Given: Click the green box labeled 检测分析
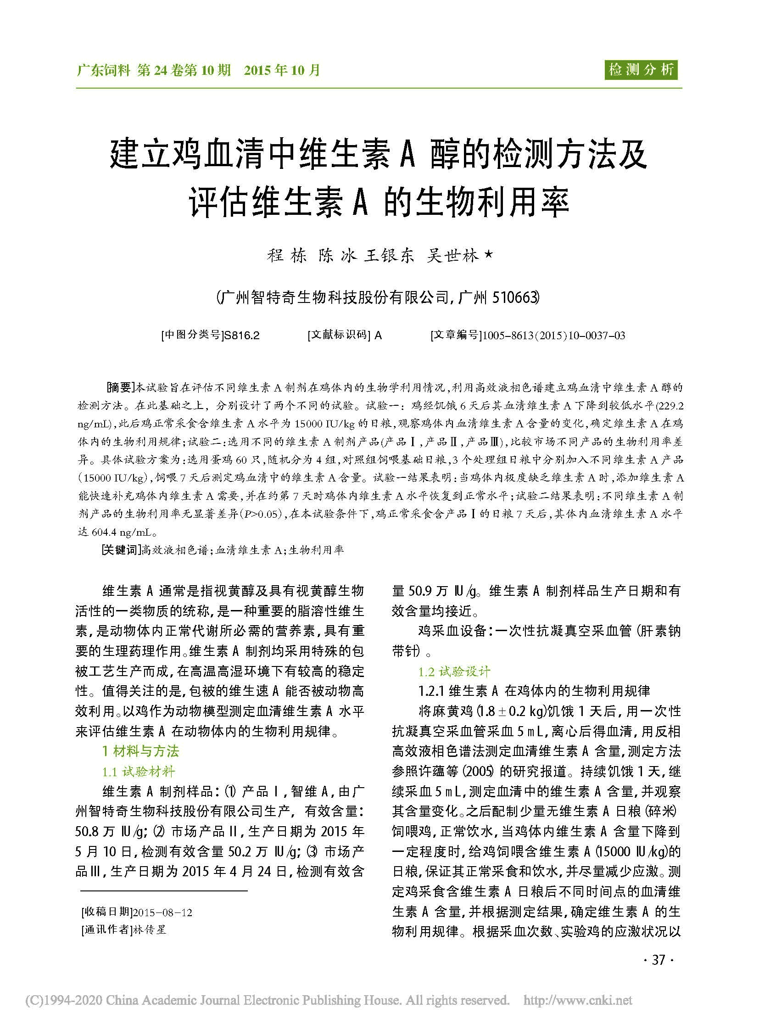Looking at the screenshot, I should (x=641, y=70).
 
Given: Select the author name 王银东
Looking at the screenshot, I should (x=389, y=256).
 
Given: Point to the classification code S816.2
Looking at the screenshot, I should (x=241, y=336).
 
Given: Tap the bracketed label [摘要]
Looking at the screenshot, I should (x=119, y=387).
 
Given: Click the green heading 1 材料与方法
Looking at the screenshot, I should (x=140, y=751).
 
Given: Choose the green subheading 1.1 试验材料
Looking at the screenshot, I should (x=138, y=772).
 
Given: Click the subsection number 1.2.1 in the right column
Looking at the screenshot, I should (x=431, y=691).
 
